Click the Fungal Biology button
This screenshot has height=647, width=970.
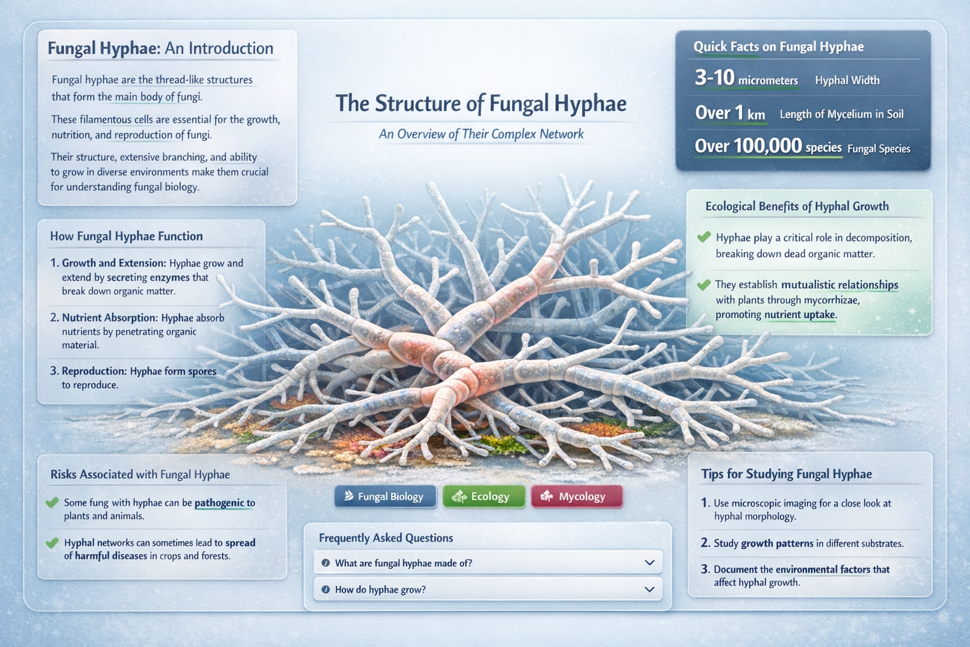(385, 497)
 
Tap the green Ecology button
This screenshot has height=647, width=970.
(484, 497)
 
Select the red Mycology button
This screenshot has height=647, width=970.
(577, 497)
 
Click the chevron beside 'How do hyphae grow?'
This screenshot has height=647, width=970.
(649, 590)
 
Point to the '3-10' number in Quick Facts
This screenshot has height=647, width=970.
(714, 78)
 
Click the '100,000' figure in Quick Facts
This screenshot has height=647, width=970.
(767, 146)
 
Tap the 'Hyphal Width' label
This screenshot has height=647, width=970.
(847, 80)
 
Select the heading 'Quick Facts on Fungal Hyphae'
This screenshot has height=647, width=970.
(778, 47)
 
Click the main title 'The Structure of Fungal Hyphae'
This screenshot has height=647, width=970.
(481, 104)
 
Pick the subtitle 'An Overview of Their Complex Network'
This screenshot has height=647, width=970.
(481, 134)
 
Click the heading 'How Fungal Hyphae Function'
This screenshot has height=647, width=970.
(126, 236)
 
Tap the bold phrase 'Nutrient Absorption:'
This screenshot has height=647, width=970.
(109, 318)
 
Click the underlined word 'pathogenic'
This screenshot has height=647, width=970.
(219, 503)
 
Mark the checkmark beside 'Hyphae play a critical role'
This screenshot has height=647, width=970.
(704, 238)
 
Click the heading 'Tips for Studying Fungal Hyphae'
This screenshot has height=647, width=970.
(786, 475)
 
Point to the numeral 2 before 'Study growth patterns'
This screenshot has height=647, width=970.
(705, 543)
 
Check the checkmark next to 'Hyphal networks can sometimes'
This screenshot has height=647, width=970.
(52, 543)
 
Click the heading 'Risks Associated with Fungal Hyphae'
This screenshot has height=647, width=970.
(140, 475)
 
